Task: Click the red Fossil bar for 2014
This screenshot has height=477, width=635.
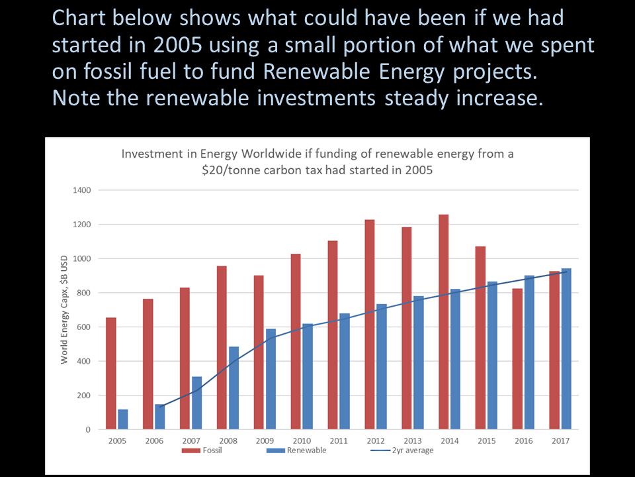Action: pos(443,322)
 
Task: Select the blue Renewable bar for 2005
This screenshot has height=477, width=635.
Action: pos(123,419)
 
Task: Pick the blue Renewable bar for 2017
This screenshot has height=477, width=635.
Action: pos(566,349)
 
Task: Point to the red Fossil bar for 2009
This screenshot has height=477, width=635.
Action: pos(259,352)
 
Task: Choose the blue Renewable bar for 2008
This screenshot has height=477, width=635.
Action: pos(233,388)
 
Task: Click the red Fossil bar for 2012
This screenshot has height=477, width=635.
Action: pos(370,325)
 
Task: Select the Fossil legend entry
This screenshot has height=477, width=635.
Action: pos(202,450)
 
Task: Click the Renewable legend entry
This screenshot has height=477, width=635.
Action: pos(296,450)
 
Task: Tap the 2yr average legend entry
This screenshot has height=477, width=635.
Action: pos(402,450)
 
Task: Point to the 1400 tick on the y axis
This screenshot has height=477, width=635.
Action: pos(82,190)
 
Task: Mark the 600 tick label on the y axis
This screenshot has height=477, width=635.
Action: pos(84,327)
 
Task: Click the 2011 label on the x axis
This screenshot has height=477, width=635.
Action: pos(339,441)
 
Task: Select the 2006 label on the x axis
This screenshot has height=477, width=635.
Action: pos(154,441)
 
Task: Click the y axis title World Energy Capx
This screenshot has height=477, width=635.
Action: pos(64,309)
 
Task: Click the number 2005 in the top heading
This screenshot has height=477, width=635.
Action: pos(177,45)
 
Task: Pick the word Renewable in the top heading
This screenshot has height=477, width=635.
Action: pos(317,72)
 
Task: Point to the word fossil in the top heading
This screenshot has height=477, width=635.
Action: pos(108,72)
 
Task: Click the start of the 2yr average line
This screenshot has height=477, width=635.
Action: pos(160,406)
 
